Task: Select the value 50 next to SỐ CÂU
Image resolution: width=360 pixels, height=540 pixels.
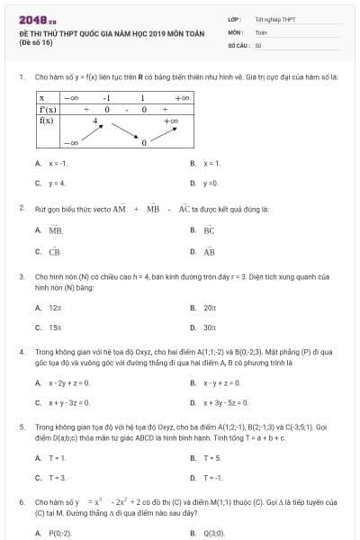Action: click(258, 44)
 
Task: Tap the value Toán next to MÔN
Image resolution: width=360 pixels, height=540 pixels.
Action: click(261, 31)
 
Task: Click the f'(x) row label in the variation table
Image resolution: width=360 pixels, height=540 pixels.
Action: click(49, 108)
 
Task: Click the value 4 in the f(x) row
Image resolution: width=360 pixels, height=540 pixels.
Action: click(95, 120)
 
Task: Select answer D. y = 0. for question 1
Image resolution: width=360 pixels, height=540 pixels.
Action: click(210, 184)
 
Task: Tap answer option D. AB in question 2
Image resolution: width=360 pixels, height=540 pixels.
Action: click(209, 252)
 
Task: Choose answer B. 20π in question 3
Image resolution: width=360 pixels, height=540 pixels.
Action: click(209, 308)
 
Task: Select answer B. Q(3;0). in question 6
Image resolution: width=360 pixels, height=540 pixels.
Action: click(213, 533)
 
